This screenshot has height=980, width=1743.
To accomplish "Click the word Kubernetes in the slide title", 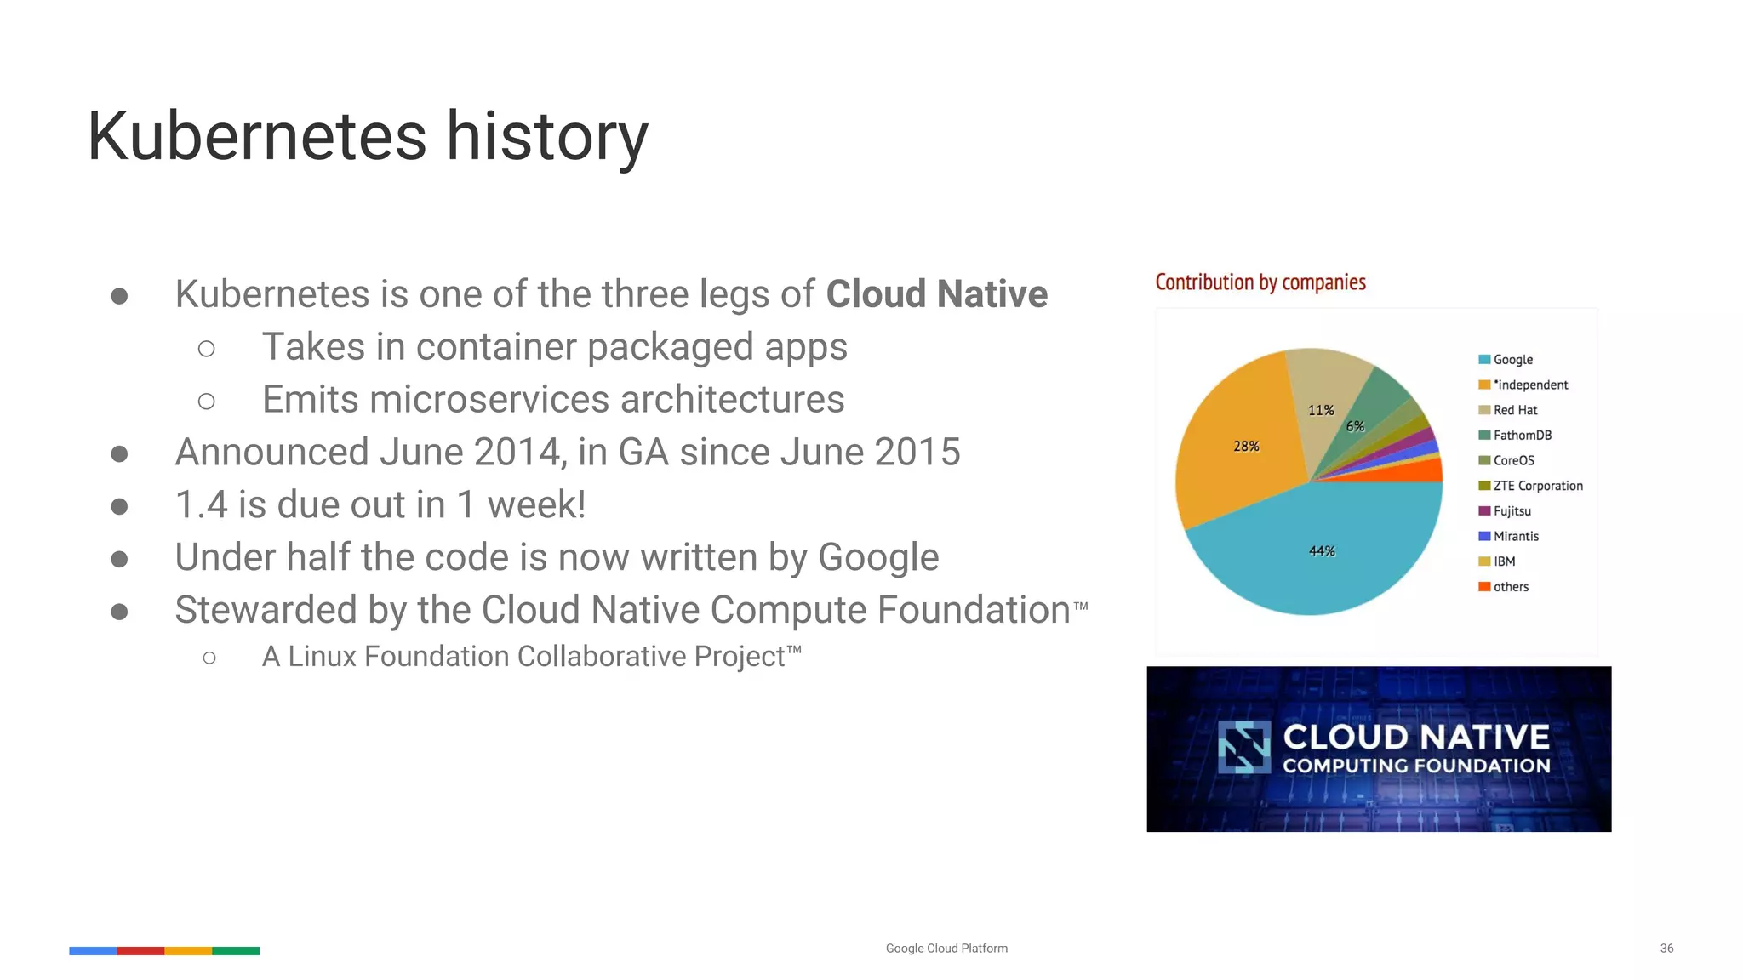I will point(256,137).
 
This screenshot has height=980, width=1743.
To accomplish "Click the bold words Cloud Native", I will point(936,294).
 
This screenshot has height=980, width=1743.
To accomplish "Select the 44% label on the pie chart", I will point(1322,551).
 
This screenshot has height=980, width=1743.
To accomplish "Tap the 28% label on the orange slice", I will point(1246,447).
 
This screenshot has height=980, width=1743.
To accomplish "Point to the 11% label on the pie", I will point(1321,411).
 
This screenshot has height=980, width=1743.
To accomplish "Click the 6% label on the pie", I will point(1355,427).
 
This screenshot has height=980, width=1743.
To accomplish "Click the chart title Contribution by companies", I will point(1260,282).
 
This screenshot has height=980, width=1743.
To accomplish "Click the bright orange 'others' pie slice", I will point(1425,471).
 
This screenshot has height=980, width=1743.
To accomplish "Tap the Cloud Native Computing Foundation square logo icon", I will point(1243,747).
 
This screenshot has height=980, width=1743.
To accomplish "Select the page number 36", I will point(1666,949).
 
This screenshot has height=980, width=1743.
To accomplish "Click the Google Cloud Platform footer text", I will point(946,949).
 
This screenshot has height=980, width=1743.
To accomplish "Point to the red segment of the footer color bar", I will point(140,951).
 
